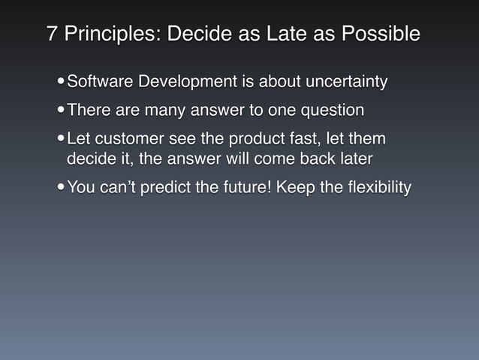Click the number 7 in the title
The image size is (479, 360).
click(x=53, y=35)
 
